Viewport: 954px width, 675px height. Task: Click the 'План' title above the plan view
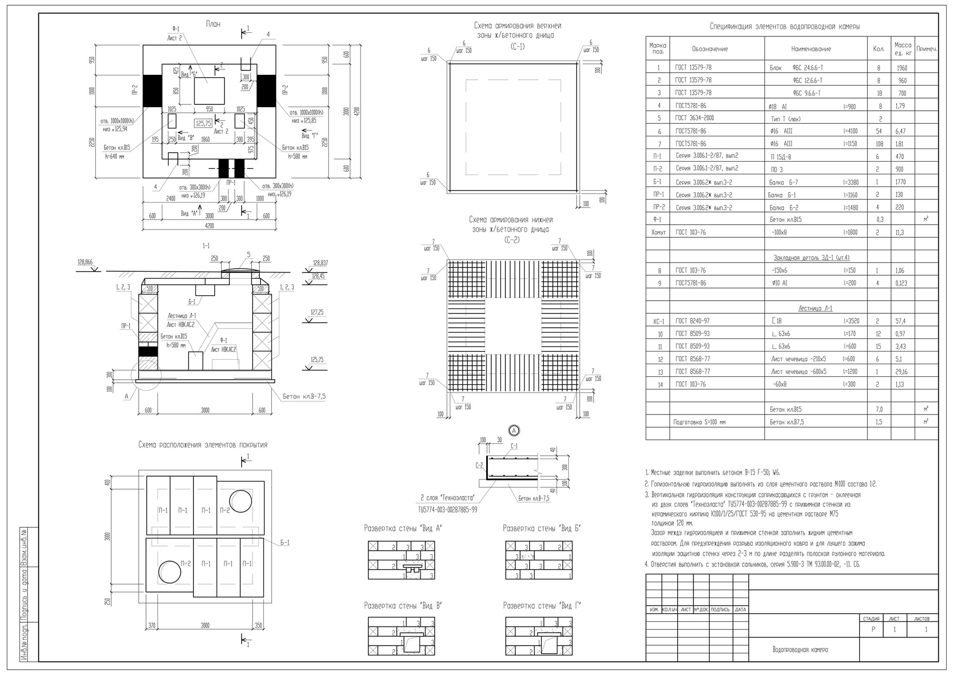click(x=213, y=25)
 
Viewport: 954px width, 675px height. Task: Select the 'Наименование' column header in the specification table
click(x=811, y=49)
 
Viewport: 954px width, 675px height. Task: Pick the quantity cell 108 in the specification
click(x=879, y=144)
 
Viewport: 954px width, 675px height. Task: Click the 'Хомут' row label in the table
click(x=658, y=233)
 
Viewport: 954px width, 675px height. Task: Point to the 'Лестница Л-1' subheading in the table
click(x=815, y=308)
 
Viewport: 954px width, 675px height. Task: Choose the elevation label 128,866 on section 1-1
click(x=85, y=263)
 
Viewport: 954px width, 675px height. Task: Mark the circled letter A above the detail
click(x=514, y=431)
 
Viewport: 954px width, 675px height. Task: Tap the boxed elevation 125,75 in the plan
click(x=203, y=124)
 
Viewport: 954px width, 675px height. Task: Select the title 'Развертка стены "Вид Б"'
click(x=542, y=528)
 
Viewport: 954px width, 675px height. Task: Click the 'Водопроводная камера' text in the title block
click(x=800, y=650)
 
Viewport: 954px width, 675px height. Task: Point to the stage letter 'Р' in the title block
click(x=873, y=630)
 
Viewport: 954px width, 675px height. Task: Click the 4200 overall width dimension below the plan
click(x=210, y=226)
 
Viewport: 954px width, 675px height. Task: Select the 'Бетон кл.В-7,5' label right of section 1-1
click(x=304, y=397)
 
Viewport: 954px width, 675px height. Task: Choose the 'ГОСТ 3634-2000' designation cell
click(x=694, y=118)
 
